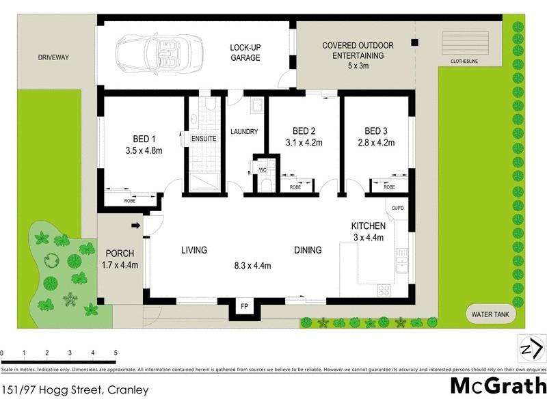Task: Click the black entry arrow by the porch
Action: [x=135, y=225]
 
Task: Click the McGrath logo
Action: [x=498, y=386]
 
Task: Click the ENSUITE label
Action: [x=203, y=139]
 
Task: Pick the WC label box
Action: [x=263, y=169]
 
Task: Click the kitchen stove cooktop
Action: [x=384, y=290]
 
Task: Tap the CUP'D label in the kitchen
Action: [x=399, y=208]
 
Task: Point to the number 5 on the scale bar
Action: [x=116, y=353]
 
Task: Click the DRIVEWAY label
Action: [x=55, y=57]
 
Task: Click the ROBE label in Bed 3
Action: [x=389, y=187]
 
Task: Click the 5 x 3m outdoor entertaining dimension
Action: [x=358, y=66]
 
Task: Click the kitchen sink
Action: [x=402, y=262]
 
